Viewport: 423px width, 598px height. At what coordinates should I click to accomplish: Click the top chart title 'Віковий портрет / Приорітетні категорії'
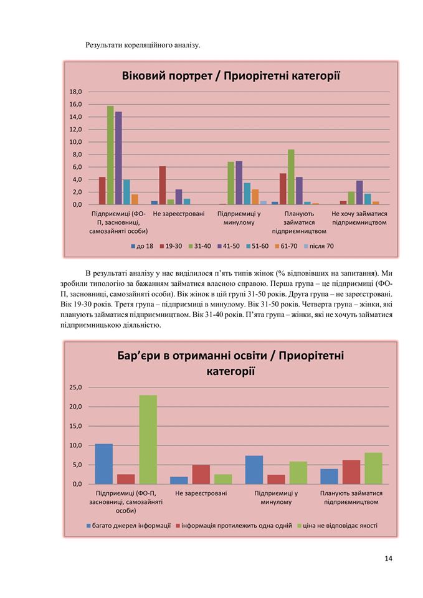(231, 76)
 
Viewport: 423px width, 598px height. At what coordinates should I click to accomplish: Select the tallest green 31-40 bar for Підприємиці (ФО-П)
(110, 155)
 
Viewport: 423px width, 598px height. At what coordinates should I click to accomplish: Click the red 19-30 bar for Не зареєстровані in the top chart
(163, 186)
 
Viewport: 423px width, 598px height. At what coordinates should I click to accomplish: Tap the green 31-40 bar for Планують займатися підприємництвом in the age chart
(291, 177)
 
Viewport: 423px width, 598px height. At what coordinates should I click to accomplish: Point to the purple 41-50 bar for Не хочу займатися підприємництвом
(359, 192)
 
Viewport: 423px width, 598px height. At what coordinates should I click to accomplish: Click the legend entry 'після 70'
(318, 247)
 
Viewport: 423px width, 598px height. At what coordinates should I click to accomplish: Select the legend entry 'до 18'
(141, 247)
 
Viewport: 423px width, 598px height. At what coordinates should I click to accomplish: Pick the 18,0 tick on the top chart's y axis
(75, 92)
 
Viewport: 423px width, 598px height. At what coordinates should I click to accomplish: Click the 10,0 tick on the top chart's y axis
(75, 142)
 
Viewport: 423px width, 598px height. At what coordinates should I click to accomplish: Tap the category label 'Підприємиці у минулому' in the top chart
(239, 218)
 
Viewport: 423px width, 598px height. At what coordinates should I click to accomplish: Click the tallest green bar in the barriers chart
(148, 440)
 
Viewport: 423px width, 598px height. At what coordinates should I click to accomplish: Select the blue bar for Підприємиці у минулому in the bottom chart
(254, 470)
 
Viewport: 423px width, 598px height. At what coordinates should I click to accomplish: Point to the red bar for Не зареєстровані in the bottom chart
(201, 475)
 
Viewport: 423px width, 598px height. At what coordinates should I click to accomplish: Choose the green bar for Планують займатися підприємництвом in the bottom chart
(373, 468)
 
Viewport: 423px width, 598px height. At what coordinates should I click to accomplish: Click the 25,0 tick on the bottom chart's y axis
(75, 387)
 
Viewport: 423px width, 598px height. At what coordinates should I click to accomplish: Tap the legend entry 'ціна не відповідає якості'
(337, 526)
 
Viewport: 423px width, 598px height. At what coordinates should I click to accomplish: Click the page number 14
(388, 559)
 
